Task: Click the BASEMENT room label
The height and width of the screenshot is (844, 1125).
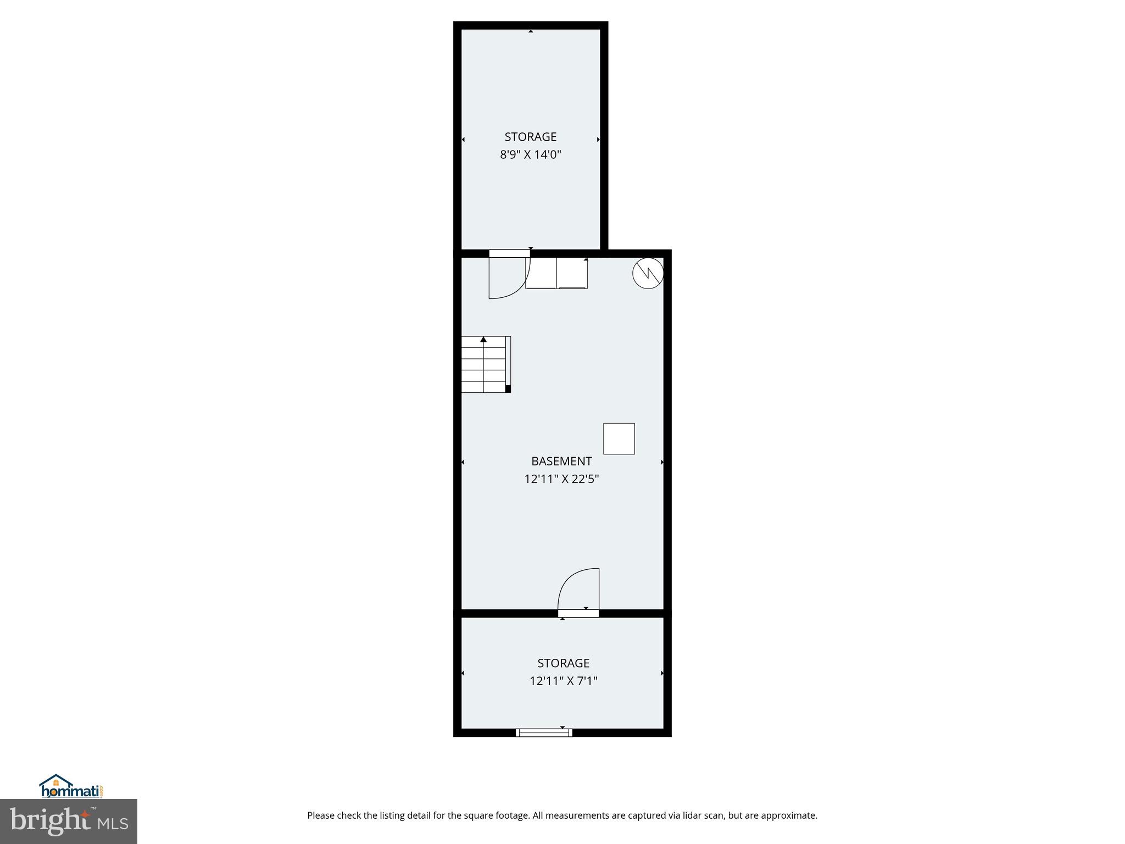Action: (561, 461)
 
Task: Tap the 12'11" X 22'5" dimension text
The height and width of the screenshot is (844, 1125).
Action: (561, 479)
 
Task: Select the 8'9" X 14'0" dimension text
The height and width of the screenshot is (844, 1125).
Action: (530, 154)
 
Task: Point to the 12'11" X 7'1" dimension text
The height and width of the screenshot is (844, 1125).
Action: (563, 681)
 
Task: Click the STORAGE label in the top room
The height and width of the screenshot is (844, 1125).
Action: (530, 137)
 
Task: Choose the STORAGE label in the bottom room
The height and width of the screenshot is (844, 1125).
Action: (563, 663)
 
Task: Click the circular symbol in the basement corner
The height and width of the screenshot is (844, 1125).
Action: (648, 273)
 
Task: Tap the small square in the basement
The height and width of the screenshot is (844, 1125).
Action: (619, 438)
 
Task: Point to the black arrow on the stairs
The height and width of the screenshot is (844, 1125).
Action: (483, 340)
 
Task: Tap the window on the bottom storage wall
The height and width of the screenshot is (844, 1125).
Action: (544, 732)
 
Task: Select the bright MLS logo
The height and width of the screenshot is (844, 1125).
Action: (69, 821)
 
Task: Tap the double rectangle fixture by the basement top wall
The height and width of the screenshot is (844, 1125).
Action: (556, 273)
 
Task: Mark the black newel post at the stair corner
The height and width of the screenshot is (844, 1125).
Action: (508, 389)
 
